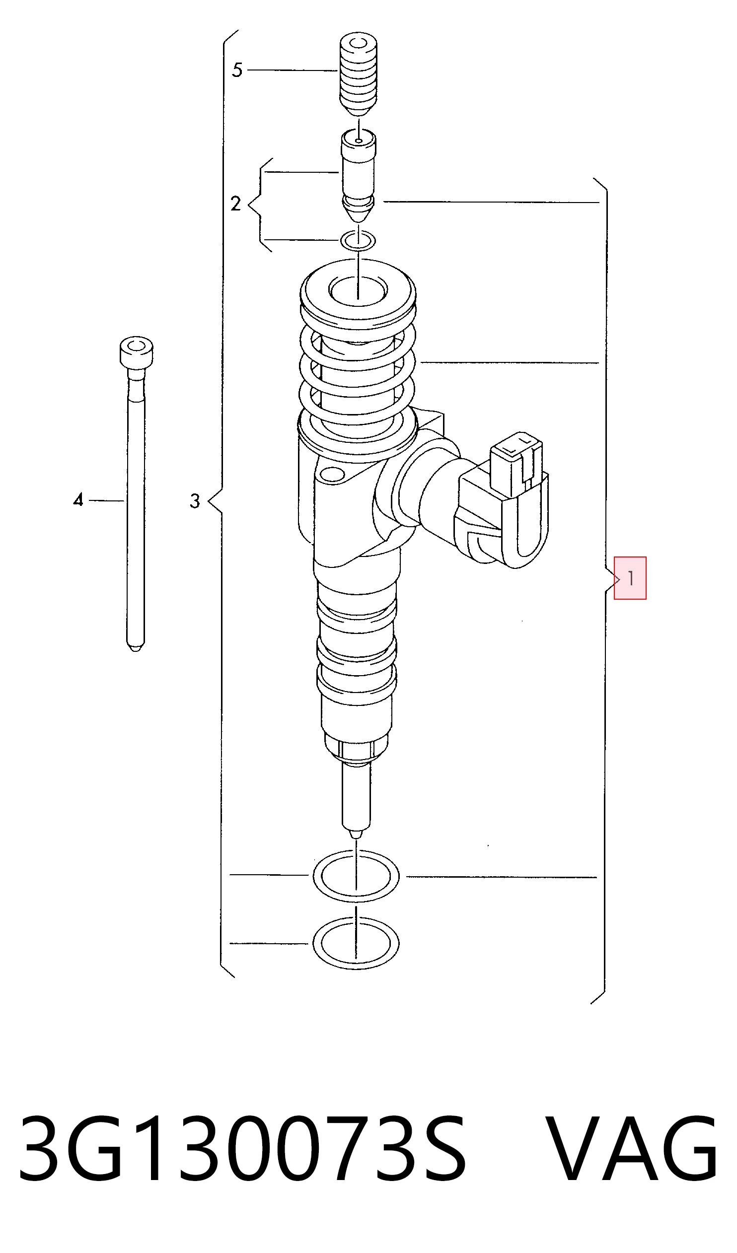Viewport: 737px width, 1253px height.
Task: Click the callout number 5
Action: point(237,70)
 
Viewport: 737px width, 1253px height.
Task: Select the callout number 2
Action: point(236,204)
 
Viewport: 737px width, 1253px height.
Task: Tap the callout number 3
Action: point(195,501)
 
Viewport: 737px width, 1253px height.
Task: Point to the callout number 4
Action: point(78,500)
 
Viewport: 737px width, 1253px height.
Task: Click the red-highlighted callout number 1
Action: point(630,578)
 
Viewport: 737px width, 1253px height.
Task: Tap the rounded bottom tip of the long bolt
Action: point(136,648)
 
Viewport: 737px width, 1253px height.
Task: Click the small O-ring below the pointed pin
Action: point(358,241)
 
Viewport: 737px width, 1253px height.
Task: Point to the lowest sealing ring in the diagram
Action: point(356,943)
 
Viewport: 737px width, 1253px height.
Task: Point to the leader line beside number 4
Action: point(106,501)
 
